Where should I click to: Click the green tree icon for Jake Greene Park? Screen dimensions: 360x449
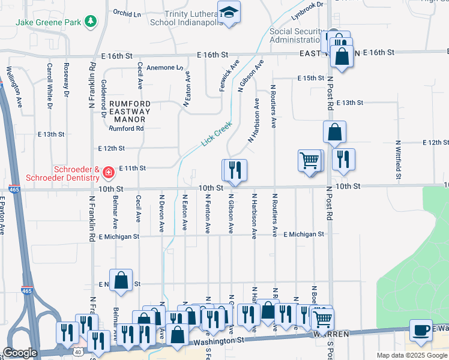pos(91,22)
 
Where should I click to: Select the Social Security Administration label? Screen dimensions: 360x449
pos(297,36)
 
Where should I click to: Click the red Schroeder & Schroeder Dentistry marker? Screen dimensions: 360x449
pos(109,173)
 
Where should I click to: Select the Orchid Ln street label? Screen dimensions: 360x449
pos(126,12)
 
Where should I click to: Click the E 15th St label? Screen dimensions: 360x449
pos(311,79)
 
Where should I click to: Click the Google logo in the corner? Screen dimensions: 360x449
pos(20,353)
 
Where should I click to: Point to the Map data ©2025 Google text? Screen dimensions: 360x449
pos(412,355)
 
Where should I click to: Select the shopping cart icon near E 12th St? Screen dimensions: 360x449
pos(310,160)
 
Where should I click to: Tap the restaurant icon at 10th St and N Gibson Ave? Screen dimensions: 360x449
pos(235,170)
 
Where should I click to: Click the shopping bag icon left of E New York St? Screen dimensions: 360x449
pos(121,280)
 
